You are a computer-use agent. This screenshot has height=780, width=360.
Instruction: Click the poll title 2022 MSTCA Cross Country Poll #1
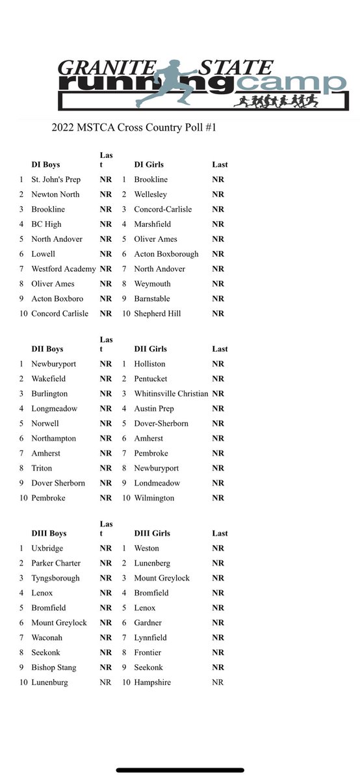[x=133, y=128]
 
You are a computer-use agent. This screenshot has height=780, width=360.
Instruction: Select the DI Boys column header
[x=45, y=164]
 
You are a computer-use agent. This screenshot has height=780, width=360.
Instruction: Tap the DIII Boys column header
[x=49, y=533]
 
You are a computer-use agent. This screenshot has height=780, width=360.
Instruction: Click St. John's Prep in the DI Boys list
[x=56, y=179]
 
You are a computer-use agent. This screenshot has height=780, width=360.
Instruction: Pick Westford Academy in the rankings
[x=63, y=268]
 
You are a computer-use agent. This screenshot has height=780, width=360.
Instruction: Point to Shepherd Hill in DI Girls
[x=157, y=313]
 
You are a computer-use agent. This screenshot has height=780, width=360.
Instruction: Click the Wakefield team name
[x=48, y=378]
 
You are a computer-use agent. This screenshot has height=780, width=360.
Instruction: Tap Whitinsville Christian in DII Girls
[x=171, y=393]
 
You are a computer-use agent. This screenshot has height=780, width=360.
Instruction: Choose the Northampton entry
[x=53, y=438]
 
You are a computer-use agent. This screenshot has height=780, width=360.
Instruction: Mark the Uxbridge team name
[x=47, y=548]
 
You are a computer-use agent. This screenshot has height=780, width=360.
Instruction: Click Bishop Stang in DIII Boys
[x=53, y=668]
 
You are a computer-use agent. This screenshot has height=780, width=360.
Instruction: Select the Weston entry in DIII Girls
[x=147, y=548]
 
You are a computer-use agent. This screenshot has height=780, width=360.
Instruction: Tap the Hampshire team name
[x=153, y=682]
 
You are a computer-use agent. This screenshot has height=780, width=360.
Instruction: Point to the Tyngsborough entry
[x=55, y=578]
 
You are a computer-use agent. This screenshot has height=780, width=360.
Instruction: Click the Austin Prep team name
[x=153, y=408]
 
